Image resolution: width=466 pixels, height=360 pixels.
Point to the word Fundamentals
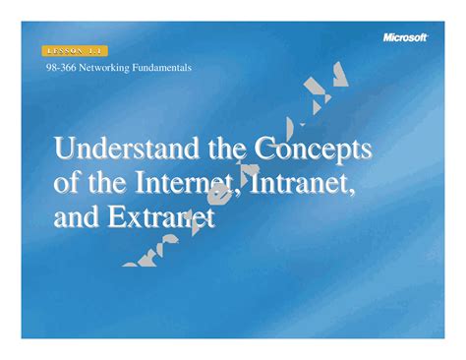[160, 68]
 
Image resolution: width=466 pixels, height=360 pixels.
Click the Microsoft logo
[405, 37]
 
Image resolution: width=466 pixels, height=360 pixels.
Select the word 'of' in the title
[67, 185]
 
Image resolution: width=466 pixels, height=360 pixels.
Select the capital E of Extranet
[112, 218]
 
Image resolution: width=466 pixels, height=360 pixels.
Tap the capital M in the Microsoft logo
[387, 37]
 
